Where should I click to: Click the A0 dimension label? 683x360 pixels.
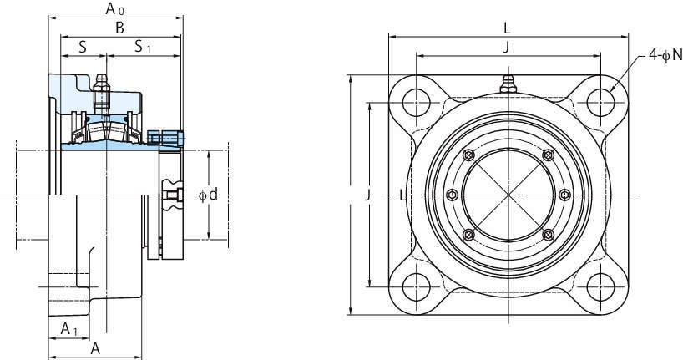coord(115,8)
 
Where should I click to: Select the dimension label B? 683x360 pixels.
coord(119,28)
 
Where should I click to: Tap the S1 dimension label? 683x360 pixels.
coord(143,46)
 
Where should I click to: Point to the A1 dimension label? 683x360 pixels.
coord(68,328)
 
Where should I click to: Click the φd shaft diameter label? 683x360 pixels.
coord(208,195)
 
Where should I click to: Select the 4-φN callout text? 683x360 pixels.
coord(665,55)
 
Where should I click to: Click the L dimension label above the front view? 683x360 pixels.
coord(507,28)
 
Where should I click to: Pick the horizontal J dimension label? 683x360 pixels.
coord(506,48)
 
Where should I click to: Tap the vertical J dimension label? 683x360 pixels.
coord(368,195)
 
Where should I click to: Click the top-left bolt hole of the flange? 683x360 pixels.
coord(416,103)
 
